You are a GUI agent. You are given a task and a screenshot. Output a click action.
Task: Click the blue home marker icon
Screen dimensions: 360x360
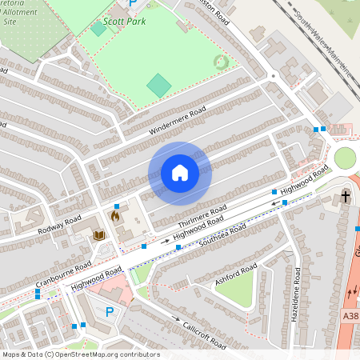(180, 173)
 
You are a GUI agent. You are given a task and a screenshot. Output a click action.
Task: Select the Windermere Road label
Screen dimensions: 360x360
(177, 120)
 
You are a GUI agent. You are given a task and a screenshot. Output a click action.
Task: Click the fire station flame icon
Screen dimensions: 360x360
(115, 216)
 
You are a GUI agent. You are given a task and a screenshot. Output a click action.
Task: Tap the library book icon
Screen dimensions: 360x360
(99, 235)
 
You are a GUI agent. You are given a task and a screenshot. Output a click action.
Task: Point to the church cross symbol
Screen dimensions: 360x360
(346, 196)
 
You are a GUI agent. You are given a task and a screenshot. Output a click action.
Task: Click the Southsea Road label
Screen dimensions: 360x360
(223, 234)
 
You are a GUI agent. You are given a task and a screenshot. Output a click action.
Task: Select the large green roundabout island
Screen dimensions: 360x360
(344, 158)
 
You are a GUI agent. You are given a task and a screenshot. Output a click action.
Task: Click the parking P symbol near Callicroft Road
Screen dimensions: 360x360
(110, 312)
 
